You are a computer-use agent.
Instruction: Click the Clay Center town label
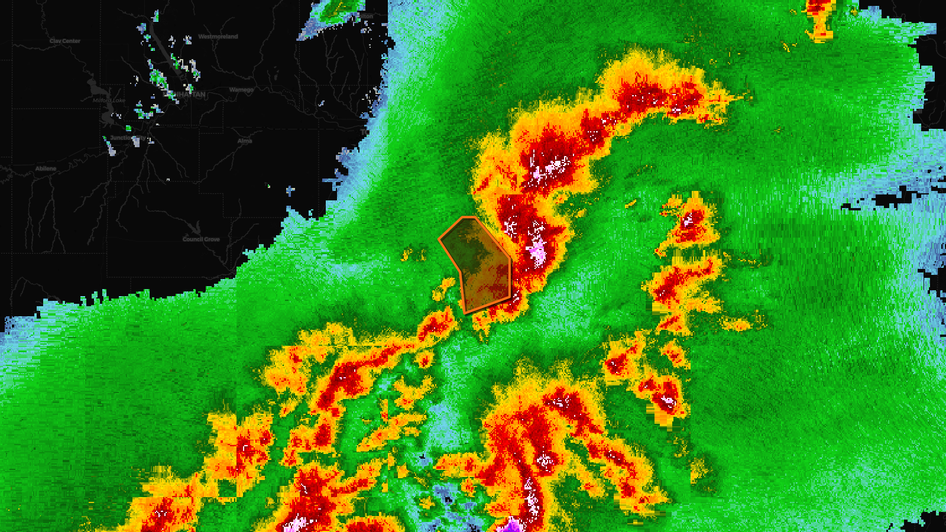click(65, 41)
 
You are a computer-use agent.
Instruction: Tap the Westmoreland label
click(218, 37)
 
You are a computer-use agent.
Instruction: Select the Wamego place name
click(241, 90)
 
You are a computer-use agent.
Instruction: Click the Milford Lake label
click(109, 100)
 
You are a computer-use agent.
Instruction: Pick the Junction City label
click(127, 138)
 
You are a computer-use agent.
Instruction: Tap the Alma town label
click(245, 141)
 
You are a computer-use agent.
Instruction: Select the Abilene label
click(46, 168)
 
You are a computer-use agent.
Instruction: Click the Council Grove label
click(201, 239)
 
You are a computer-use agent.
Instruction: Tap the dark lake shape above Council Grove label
click(195, 227)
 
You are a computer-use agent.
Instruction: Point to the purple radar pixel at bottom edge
click(510, 524)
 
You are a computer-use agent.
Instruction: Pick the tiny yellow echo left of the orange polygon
click(407, 255)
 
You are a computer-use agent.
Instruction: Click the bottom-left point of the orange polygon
click(466, 313)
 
